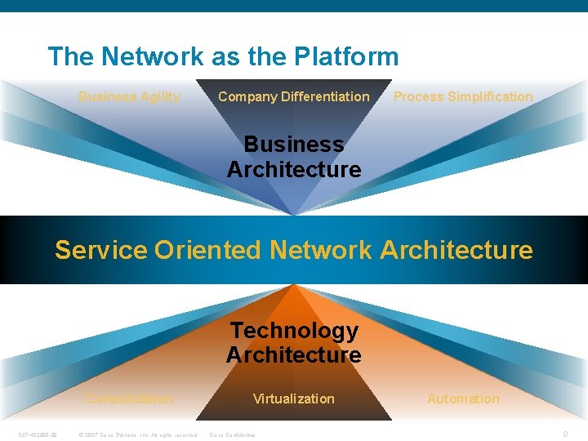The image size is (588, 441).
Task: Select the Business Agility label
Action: (129, 97)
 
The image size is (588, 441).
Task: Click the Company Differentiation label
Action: (293, 97)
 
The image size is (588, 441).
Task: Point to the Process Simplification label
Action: (463, 97)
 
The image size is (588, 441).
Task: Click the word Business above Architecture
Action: (294, 145)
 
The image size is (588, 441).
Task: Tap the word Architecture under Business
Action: (294, 170)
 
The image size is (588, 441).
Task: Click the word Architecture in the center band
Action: (457, 250)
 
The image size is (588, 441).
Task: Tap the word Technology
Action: (294, 331)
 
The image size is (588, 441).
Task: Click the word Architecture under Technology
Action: (294, 355)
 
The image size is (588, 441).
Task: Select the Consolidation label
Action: (130, 399)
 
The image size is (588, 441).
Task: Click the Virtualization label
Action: (294, 399)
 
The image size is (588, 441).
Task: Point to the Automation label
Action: (463, 399)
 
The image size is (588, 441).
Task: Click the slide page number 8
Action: (566, 434)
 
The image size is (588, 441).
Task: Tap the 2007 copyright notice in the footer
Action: (137, 434)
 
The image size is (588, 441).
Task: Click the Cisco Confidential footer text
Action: (233, 434)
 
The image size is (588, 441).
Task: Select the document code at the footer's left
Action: (38, 434)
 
